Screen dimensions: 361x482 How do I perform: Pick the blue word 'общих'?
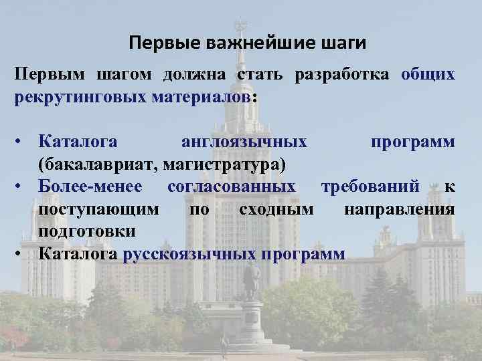click(428, 74)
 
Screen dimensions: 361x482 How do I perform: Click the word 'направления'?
click(400, 209)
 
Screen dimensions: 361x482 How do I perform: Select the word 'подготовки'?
click(87, 231)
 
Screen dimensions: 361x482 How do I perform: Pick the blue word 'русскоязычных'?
click(190, 254)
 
